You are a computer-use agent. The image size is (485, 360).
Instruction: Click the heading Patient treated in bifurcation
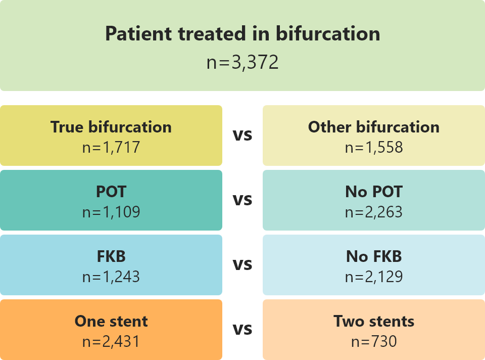click(243, 33)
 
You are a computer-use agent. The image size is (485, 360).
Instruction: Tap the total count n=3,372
click(243, 62)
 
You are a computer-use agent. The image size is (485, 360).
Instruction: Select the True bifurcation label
click(111, 127)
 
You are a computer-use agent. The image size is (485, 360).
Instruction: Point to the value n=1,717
click(111, 147)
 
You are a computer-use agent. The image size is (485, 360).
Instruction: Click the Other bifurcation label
click(374, 127)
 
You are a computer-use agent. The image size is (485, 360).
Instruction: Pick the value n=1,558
click(374, 147)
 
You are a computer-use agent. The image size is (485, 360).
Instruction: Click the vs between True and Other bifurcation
click(243, 136)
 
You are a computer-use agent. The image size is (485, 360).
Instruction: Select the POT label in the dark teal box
click(111, 192)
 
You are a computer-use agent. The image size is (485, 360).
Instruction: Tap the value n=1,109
click(111, 212)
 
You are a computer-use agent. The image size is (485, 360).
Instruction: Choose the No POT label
click(374, 192)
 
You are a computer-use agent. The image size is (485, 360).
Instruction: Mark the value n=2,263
click(374, 212)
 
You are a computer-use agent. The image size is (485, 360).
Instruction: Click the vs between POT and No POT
click(243, 200)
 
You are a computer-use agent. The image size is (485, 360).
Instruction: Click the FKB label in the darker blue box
click(111, 256)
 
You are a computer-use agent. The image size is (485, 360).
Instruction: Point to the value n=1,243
click(111, 277)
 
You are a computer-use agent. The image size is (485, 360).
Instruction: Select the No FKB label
click(374, 256)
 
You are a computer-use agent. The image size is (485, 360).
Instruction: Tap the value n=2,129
click(374, 277)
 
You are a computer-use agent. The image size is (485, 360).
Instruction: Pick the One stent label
click(111, 321)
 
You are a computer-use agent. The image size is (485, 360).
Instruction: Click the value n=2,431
click(111, 341)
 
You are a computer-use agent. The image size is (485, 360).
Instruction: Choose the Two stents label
click(374, 321)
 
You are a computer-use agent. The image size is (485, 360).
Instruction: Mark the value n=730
click(374, 341)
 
